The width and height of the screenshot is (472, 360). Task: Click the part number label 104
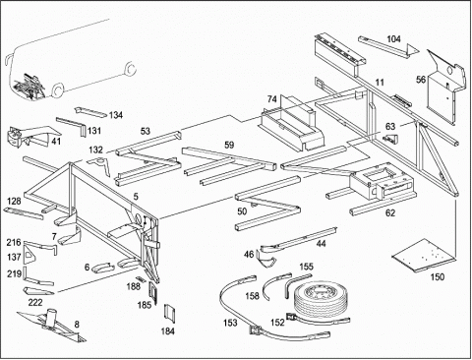[x=393, y=39]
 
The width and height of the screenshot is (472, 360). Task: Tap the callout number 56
[x=421, y=80]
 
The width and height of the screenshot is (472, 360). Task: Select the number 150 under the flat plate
[x=438, y=277]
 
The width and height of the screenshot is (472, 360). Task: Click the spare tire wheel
[x=316, y=299]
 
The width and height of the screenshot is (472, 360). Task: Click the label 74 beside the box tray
[x=271, y=98]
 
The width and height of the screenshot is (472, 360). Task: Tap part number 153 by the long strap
[x=230, y=323]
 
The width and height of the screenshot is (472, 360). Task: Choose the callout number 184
[x=167, y=331]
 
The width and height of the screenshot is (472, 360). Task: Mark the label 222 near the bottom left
[x=35, y=302]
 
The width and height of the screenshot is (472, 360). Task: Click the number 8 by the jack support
[x=77, y=325]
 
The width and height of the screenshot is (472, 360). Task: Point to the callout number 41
[x=56, y=142]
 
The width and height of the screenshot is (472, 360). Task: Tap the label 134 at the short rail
[x=116, y=115]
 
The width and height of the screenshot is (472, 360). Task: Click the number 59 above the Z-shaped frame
[x=229, y=145]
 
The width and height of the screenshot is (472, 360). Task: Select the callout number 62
[x=389, y=213]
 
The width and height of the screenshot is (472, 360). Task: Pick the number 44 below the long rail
[x=322, y=244]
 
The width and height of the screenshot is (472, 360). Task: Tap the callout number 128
[x=14, y=201]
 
